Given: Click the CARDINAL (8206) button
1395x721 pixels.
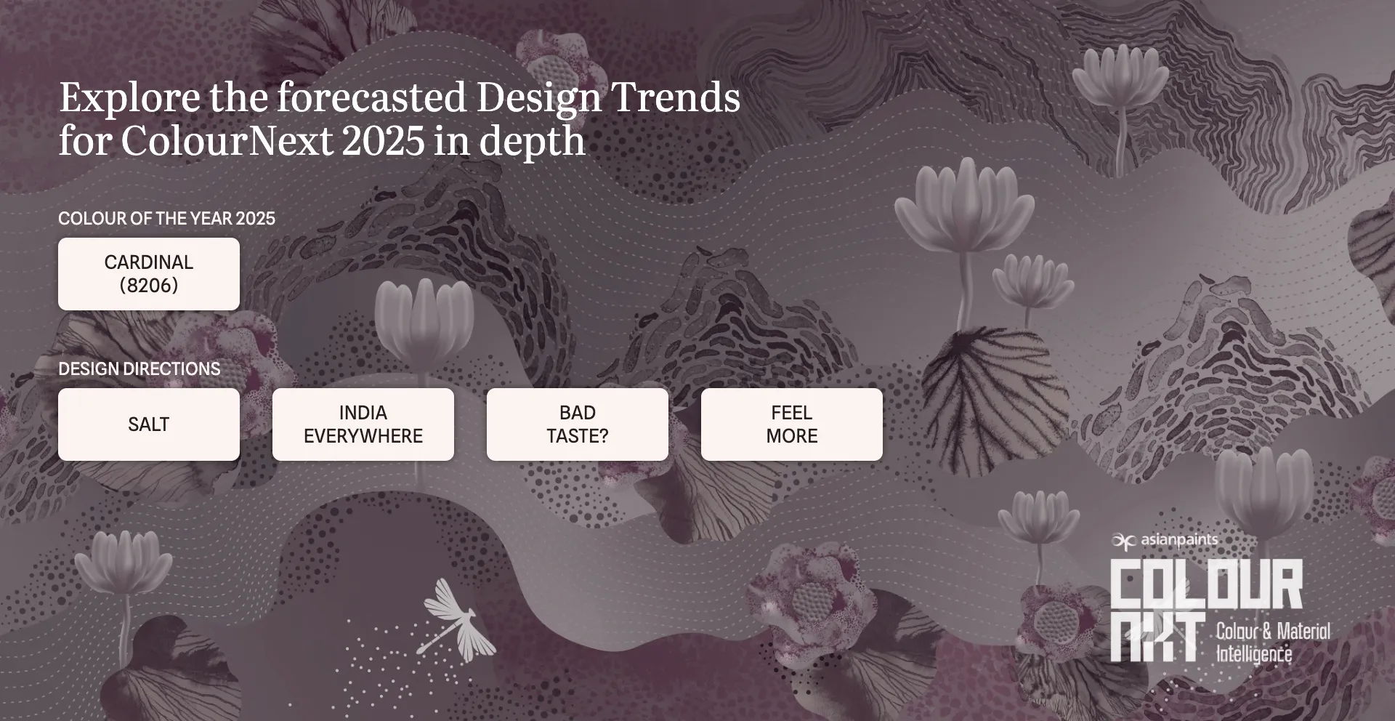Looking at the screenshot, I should (148, 274).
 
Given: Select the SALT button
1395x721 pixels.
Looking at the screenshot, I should (148, 424).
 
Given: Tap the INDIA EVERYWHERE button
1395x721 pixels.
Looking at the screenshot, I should (363, 424).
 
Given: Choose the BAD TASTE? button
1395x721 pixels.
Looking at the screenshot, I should (577, 424).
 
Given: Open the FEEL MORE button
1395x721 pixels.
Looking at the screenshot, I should (791, 424).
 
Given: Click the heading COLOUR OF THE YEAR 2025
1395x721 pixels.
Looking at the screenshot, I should (166, 219).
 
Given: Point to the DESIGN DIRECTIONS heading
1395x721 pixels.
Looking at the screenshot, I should (139, 369).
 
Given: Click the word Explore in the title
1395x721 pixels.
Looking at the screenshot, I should (129, 98).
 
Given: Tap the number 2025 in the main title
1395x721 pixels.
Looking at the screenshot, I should (383, 141).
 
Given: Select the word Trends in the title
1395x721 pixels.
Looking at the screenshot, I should (676, 97).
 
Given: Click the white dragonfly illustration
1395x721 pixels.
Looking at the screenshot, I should (455, 620).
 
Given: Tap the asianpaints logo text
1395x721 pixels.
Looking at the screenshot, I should (1178, 540).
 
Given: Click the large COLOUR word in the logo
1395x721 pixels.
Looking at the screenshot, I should (1206, 584).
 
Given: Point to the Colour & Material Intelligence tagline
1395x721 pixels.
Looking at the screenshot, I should (1272, 643).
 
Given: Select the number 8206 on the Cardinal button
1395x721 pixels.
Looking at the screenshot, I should (148, 286).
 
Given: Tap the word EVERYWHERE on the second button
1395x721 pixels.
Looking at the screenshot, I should (363, 436).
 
